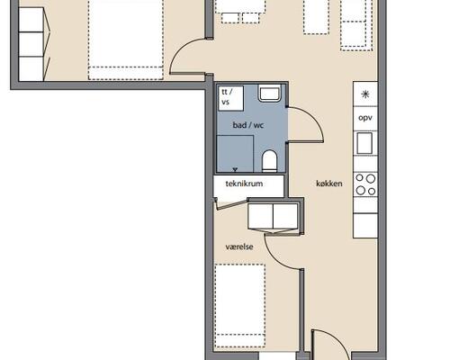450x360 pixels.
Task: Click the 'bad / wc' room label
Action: (248, 125)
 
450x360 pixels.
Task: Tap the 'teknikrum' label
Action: (244, 184)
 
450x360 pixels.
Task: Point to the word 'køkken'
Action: (329, 184)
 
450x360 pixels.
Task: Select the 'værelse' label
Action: (239, 247)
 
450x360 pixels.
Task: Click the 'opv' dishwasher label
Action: (365, 118)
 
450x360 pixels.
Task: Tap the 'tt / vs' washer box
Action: (230, 98)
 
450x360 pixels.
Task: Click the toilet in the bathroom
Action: (269, 161)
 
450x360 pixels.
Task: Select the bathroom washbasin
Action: (269, 93)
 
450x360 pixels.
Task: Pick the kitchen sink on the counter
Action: (364, 143)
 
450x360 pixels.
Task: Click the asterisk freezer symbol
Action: (365, 94)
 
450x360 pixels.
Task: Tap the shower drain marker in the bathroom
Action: (235, 170)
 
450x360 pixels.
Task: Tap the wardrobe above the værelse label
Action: (274, 216)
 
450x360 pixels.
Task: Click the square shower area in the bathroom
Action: (235, 154)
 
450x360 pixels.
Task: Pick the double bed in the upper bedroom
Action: (126, 40)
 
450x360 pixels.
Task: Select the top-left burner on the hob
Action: (359, 177)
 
